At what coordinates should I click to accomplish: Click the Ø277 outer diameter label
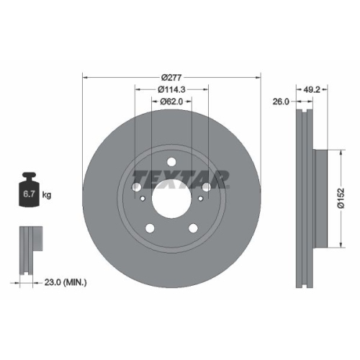171,76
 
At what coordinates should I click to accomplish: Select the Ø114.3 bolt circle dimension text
171,89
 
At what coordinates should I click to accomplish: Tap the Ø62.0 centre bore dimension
171,102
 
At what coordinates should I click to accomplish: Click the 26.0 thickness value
280,102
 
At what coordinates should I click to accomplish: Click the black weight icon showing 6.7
30,192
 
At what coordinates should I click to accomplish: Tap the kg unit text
47,195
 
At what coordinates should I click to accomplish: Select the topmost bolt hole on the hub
172,161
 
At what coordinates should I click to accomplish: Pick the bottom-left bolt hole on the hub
150,228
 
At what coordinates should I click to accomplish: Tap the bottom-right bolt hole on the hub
194,228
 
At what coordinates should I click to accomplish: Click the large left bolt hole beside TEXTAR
137,186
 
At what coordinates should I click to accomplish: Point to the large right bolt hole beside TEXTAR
207,186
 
